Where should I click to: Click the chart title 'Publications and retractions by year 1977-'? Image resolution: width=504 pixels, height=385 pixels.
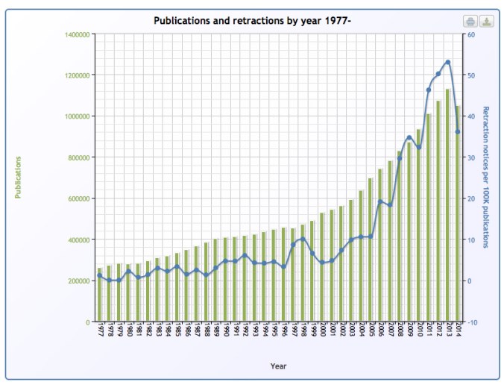point(252,20)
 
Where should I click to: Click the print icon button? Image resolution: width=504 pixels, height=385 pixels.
point(470,21)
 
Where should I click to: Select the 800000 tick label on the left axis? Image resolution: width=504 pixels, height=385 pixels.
point(79,157)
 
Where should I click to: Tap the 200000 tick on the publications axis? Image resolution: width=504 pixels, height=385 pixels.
point(79,281)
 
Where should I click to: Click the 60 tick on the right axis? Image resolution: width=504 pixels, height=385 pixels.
point(471,34)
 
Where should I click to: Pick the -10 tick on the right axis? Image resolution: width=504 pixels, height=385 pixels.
point(472,322)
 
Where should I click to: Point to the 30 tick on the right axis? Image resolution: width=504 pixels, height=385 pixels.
point(471,157)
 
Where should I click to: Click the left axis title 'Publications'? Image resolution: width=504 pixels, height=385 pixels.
point(18,178)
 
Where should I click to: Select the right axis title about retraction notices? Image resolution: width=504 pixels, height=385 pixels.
point(486,177)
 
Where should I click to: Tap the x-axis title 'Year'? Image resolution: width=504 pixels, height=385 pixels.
point(278,366)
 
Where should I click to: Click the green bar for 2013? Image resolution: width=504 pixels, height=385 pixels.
point(448,205)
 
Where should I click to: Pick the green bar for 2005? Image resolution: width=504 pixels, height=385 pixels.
point(371,250)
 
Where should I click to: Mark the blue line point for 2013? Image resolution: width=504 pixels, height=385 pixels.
point(448,62)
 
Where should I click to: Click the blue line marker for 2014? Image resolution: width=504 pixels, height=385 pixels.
point(458,132)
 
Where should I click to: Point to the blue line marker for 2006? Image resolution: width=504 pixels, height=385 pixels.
point(380,201)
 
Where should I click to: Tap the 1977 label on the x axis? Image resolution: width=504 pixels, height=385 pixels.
point(100,331)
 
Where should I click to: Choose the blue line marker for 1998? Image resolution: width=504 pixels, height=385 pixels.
point(303,240)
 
